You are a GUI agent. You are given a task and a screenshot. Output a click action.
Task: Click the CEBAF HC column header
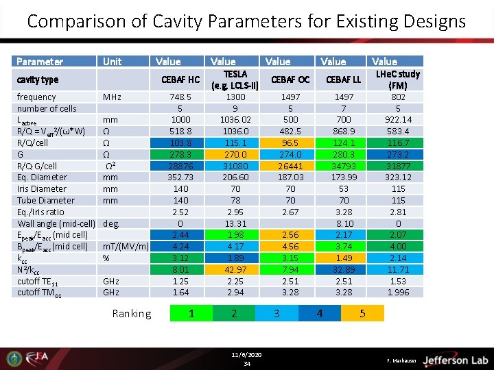pyautogui.click(x=180, y=79)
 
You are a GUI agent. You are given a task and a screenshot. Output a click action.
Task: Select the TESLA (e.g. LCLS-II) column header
pyautogui.click(x=235, y=79)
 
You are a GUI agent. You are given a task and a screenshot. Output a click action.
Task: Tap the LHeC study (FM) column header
pyautogui.click(x=397, y=79)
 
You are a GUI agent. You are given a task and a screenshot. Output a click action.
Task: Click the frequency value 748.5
pyautogui.click(x=180, y=97)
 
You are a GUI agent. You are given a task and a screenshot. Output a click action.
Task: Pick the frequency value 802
pyautogui.click(x=398, y=97)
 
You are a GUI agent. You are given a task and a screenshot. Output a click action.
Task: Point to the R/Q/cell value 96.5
pyautogui.click(x=290, y=143)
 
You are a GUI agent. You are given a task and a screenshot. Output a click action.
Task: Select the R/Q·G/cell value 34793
pyautogui.click(x=344, y=166)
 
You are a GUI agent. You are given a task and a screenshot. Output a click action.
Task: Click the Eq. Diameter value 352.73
pyautogui.click(x=180, y=177)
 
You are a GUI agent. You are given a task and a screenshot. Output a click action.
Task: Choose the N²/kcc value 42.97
pyautogui.click(x=235, y=269)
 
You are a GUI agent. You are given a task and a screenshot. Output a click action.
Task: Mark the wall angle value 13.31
pyautogui.click(x=235, y=223)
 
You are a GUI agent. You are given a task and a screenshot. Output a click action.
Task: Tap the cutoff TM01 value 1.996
pyautogui.click(x=398, y=293)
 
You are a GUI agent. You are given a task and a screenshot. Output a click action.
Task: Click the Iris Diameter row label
pyautogui.click(x=42, y=189)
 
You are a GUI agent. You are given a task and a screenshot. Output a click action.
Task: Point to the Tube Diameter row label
pyautogui.click(x=45, y=201)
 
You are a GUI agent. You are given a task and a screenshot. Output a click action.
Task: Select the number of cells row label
pyautogui.click(x=47, y=108)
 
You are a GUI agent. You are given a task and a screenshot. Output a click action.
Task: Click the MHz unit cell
pyautogui.click(x=113, y=97)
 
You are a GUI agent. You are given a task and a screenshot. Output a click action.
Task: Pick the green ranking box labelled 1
pyautogui.click(x=191, y=313)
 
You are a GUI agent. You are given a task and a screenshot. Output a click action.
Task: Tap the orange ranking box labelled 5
pyautogui.click(x=363, y=313)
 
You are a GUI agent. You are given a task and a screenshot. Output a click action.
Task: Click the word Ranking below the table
pyautogui.click(x=132, y=314)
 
